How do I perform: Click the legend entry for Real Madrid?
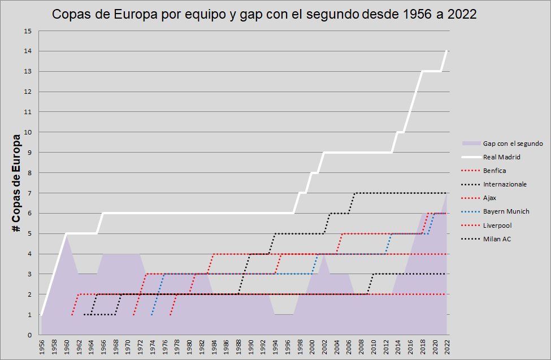coord(501,157)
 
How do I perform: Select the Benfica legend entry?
coord(494,171)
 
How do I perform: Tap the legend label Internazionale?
coord(505,184)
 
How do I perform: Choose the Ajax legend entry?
coord(490,198)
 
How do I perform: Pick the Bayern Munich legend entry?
coord(506,211)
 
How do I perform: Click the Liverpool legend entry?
coord(497,225)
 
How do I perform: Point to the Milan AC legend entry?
coord(497,238)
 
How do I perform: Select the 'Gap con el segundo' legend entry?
coord(513,144)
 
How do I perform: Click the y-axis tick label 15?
coord(28,31)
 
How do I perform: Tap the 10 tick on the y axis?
coord(28,132)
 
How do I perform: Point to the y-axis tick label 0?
coord(29,335)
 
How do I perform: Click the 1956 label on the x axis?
coord(41,346)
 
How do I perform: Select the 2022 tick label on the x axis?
coord(447,346)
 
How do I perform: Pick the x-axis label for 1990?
coord(250,346)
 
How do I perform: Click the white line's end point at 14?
coord(447,51)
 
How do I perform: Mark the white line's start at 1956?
coord(41,315)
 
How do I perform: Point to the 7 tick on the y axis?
coord(29,193)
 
